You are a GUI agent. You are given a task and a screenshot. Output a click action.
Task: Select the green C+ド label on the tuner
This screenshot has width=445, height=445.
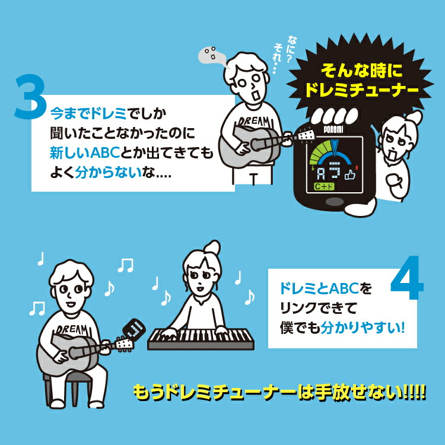point(325,188)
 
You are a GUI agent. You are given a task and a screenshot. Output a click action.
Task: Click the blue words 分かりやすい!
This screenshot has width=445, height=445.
point(363,326)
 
